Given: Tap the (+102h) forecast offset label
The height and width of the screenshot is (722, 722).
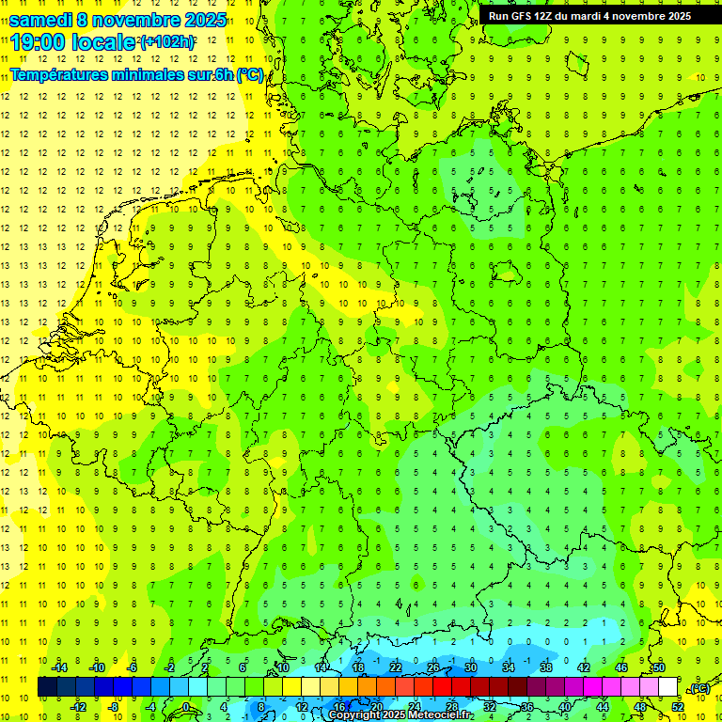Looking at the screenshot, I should tap(166, 42).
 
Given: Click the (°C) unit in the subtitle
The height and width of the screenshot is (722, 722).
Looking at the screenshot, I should tap(250, 75).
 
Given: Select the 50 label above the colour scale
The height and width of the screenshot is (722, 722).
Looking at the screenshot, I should tap(658, 667).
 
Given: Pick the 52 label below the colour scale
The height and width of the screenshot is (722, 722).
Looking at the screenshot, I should tap(677, 707).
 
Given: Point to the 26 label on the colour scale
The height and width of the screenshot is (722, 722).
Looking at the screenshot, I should tap(432, 667).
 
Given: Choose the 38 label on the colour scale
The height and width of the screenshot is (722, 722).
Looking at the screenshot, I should tap(545, 667).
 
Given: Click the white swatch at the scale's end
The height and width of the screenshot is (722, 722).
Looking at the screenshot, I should tap(667, 687).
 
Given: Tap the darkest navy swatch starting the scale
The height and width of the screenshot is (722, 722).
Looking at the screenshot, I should tap(47, 687).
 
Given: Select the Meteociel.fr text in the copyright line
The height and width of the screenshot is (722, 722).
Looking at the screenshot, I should tap(433, 715).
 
